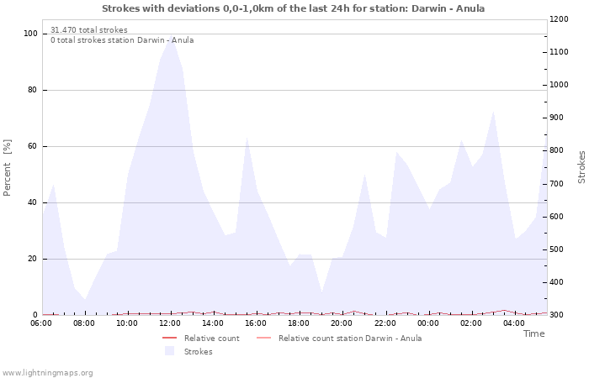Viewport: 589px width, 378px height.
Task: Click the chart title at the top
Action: (293, 8)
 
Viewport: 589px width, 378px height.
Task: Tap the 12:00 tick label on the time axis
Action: (171, 323)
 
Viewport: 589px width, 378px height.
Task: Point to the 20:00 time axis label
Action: (342, 323)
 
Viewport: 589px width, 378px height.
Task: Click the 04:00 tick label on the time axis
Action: (514, 323)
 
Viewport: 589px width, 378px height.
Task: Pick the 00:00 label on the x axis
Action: (428, 323)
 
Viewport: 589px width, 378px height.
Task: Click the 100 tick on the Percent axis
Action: (31, 34)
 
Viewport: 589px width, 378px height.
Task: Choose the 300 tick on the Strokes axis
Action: (558, 315)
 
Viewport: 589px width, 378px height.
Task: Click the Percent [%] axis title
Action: (8, 168)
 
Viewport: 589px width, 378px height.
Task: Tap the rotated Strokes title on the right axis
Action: (581, 166)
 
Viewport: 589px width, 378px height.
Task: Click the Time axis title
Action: (533, 333)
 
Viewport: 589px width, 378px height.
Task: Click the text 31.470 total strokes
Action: (89, 30)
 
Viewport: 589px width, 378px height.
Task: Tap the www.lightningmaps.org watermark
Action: (47, 372)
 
